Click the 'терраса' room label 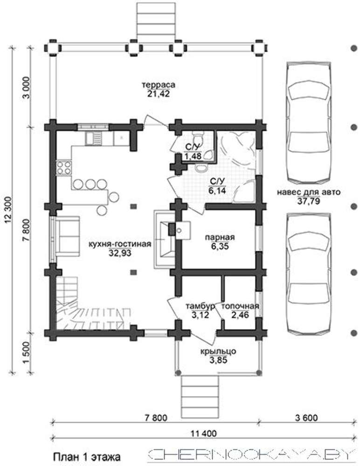pos(158,85)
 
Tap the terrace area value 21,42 pos(158,94)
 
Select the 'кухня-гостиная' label pos(120,244)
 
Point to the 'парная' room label pos(220,238)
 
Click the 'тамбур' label pos(200,307)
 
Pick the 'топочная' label pos(240,306)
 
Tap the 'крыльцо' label pos(218,351)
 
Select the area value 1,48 pos(194,156)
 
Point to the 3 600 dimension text pos(306,418)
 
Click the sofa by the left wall pos(67,236)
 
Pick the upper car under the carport pos(309,123)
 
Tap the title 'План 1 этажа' pos(87,457)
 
